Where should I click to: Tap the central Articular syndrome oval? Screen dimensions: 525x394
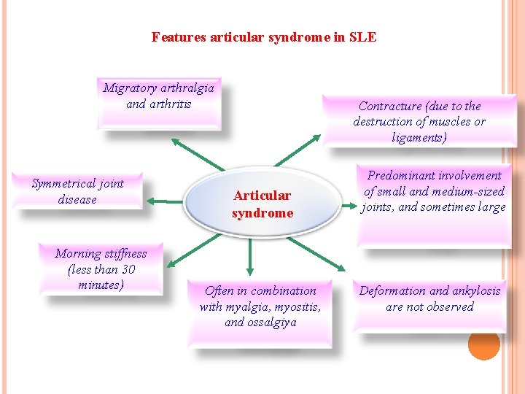click(262, 204)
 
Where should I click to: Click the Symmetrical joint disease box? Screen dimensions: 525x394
click(78, 192)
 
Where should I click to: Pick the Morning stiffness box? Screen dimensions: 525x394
click(101, 269)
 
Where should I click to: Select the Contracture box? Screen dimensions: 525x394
click(419, 121)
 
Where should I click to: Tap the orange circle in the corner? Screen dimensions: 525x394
click(483, 344)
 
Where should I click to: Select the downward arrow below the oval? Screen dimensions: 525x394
click(250, 256)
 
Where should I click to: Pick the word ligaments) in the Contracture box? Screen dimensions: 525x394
click(418, 137)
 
